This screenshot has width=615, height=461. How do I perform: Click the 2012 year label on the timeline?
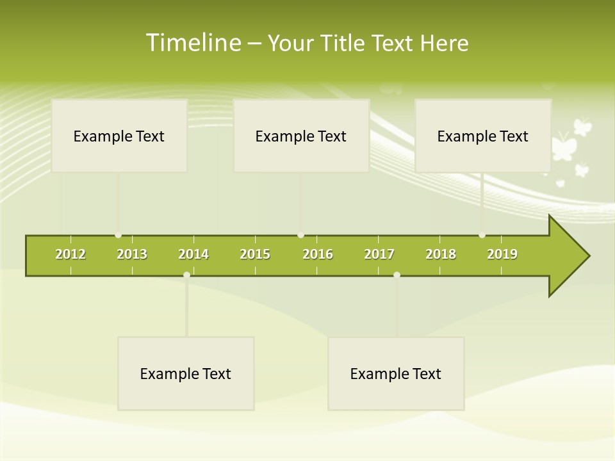click(70, 254)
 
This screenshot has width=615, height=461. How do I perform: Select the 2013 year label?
click(132, 254)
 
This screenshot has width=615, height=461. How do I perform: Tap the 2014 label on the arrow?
click(193, 254)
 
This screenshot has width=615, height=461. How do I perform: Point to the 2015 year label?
click(255, 254)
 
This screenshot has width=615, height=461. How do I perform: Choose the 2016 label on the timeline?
click(318, 254)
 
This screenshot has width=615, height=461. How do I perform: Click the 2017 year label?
click(379, 254)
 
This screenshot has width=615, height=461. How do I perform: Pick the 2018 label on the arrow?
click(441, 254)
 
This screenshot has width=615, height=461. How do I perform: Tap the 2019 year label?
click(502, 254)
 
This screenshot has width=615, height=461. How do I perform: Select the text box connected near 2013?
click(119, 136)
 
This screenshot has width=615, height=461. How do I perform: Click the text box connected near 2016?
click(301, 136)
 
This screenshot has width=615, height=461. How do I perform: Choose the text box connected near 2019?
click(483, 136)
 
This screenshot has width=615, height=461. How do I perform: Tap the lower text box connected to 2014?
click(186, 373)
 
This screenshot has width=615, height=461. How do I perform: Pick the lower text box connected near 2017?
click(396, 373)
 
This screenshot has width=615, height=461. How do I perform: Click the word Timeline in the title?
click(193, 43)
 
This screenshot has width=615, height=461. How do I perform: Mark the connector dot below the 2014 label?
click(186, 275)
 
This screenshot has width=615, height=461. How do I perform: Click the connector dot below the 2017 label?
click(397, 275)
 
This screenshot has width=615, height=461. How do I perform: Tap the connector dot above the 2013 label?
click(118, 235)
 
